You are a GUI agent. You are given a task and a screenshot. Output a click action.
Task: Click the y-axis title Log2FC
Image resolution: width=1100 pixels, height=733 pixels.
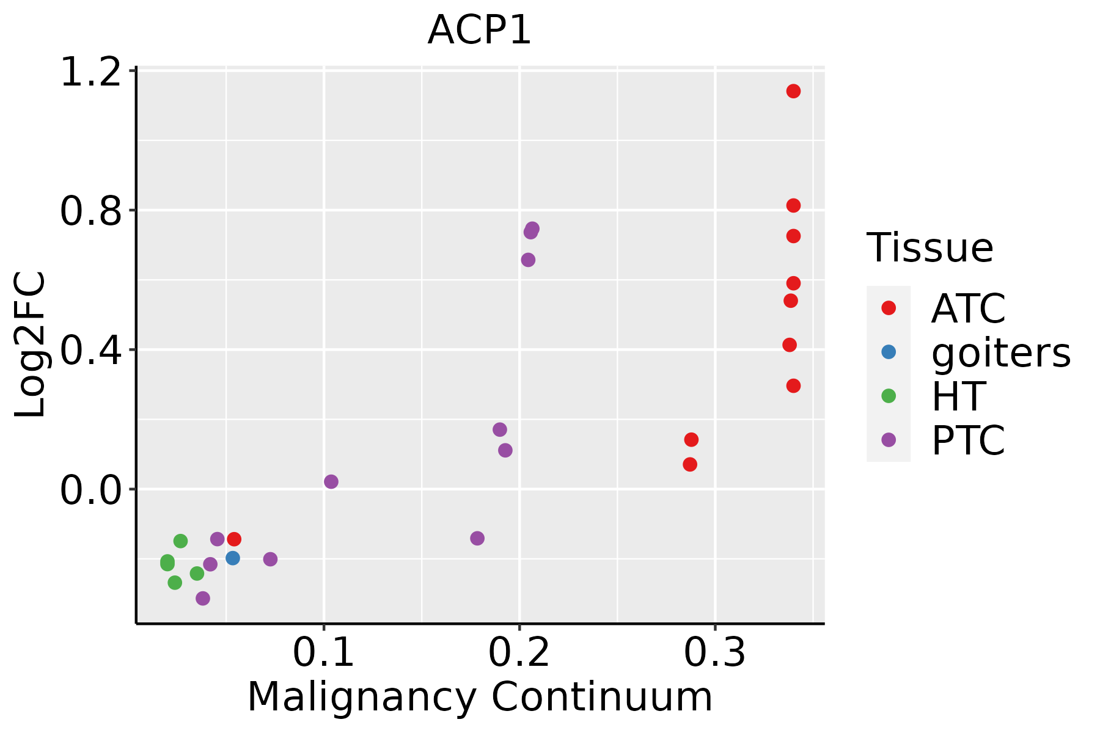[x=31, y=345]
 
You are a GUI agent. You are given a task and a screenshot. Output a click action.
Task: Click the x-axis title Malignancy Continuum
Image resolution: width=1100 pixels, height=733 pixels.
[x=479, y=697]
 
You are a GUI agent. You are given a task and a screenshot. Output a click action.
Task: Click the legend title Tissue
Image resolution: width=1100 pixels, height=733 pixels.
[x=930, y=248]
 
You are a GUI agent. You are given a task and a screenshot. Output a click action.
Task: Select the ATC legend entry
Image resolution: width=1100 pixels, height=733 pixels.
[x=968, y=308]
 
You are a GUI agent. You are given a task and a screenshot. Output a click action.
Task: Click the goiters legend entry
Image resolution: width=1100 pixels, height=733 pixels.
[x=1000, y=352]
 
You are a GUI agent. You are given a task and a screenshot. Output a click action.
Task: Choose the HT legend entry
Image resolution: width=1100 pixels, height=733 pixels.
[x=958, y=396]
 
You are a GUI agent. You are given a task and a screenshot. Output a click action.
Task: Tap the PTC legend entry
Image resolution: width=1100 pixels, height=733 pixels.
[x=968, y=440]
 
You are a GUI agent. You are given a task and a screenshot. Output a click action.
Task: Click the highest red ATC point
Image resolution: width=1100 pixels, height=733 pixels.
[x=793, y=92]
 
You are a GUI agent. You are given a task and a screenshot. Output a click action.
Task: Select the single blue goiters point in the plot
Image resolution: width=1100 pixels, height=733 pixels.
[x=233, y=558]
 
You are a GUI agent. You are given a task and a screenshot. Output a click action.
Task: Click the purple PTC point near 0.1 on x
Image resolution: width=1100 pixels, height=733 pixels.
[x=331, y=482]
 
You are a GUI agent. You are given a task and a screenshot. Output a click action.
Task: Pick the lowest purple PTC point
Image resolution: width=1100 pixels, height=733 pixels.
[x=203, y=598]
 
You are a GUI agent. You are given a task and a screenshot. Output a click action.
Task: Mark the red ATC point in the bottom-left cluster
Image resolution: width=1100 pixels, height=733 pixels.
[x=234, y=539]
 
